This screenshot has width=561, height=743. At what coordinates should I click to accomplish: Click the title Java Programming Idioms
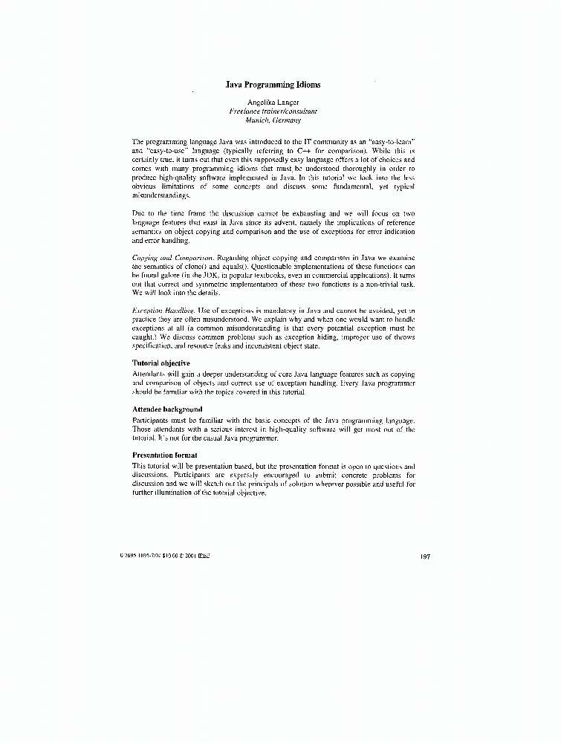273,85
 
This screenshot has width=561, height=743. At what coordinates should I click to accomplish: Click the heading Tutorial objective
160,363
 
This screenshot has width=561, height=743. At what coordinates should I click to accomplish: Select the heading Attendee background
167,409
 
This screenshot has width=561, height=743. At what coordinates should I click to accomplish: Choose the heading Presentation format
164,455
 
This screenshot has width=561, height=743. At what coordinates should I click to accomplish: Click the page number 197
425,555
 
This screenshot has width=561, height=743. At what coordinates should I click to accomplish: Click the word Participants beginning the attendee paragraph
152,421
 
